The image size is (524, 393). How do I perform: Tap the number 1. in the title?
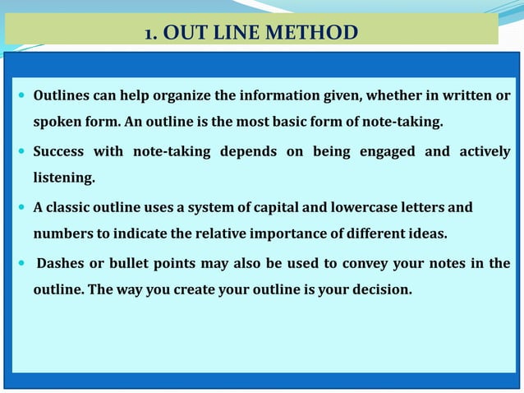pyautogui.click(x=151, y=34)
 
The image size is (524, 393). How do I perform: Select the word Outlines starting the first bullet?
pyautogui.click(x=62, y=96)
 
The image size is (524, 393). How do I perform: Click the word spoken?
pyautogui.click(x=55, y=123)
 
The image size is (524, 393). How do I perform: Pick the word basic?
pyautogui.click(x=321, y=123)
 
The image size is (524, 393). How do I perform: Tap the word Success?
pyautogui.click(x=61, y=150)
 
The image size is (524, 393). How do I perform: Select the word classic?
pyautogui.click(x=70, y=207)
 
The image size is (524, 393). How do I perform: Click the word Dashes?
pyautogui.click(x=62, y=263)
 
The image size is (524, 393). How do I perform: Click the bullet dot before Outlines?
pyautogui.click(x=20, y=97)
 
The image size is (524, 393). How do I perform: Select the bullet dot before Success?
pyautogui.click(x=20, y=151)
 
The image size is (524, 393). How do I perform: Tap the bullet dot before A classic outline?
pyautogui.click(x=20, y=207)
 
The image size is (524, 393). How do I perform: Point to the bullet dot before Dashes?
pyautogui.click(x=20, y=264)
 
